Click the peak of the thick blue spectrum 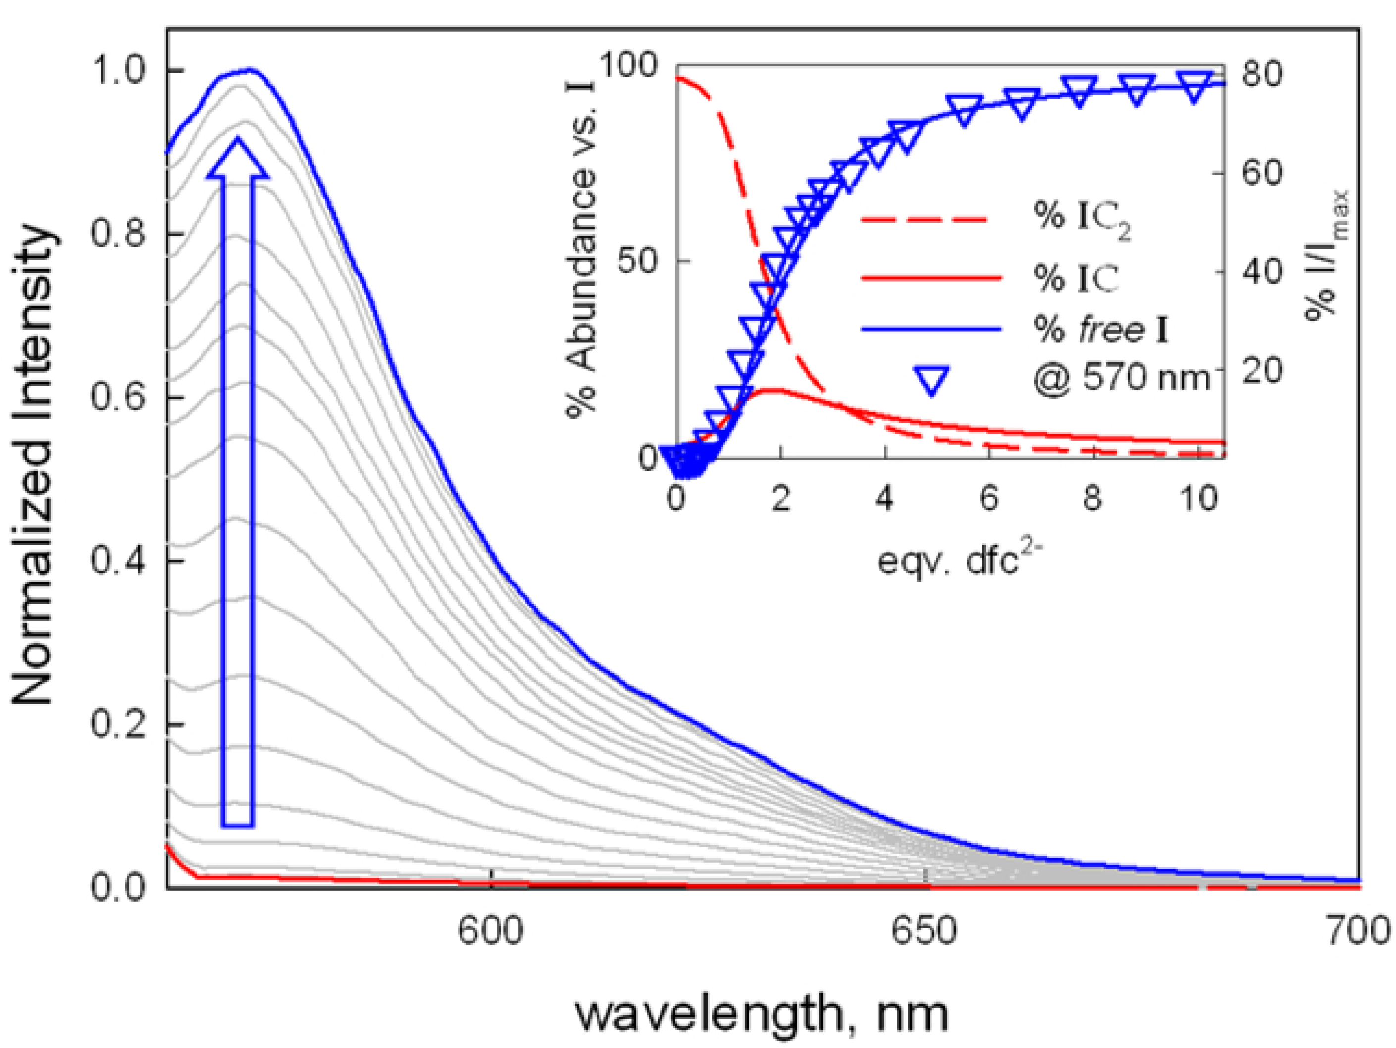[251, 69]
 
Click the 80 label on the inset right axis [1261, 74]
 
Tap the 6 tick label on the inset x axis [989, 499]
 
